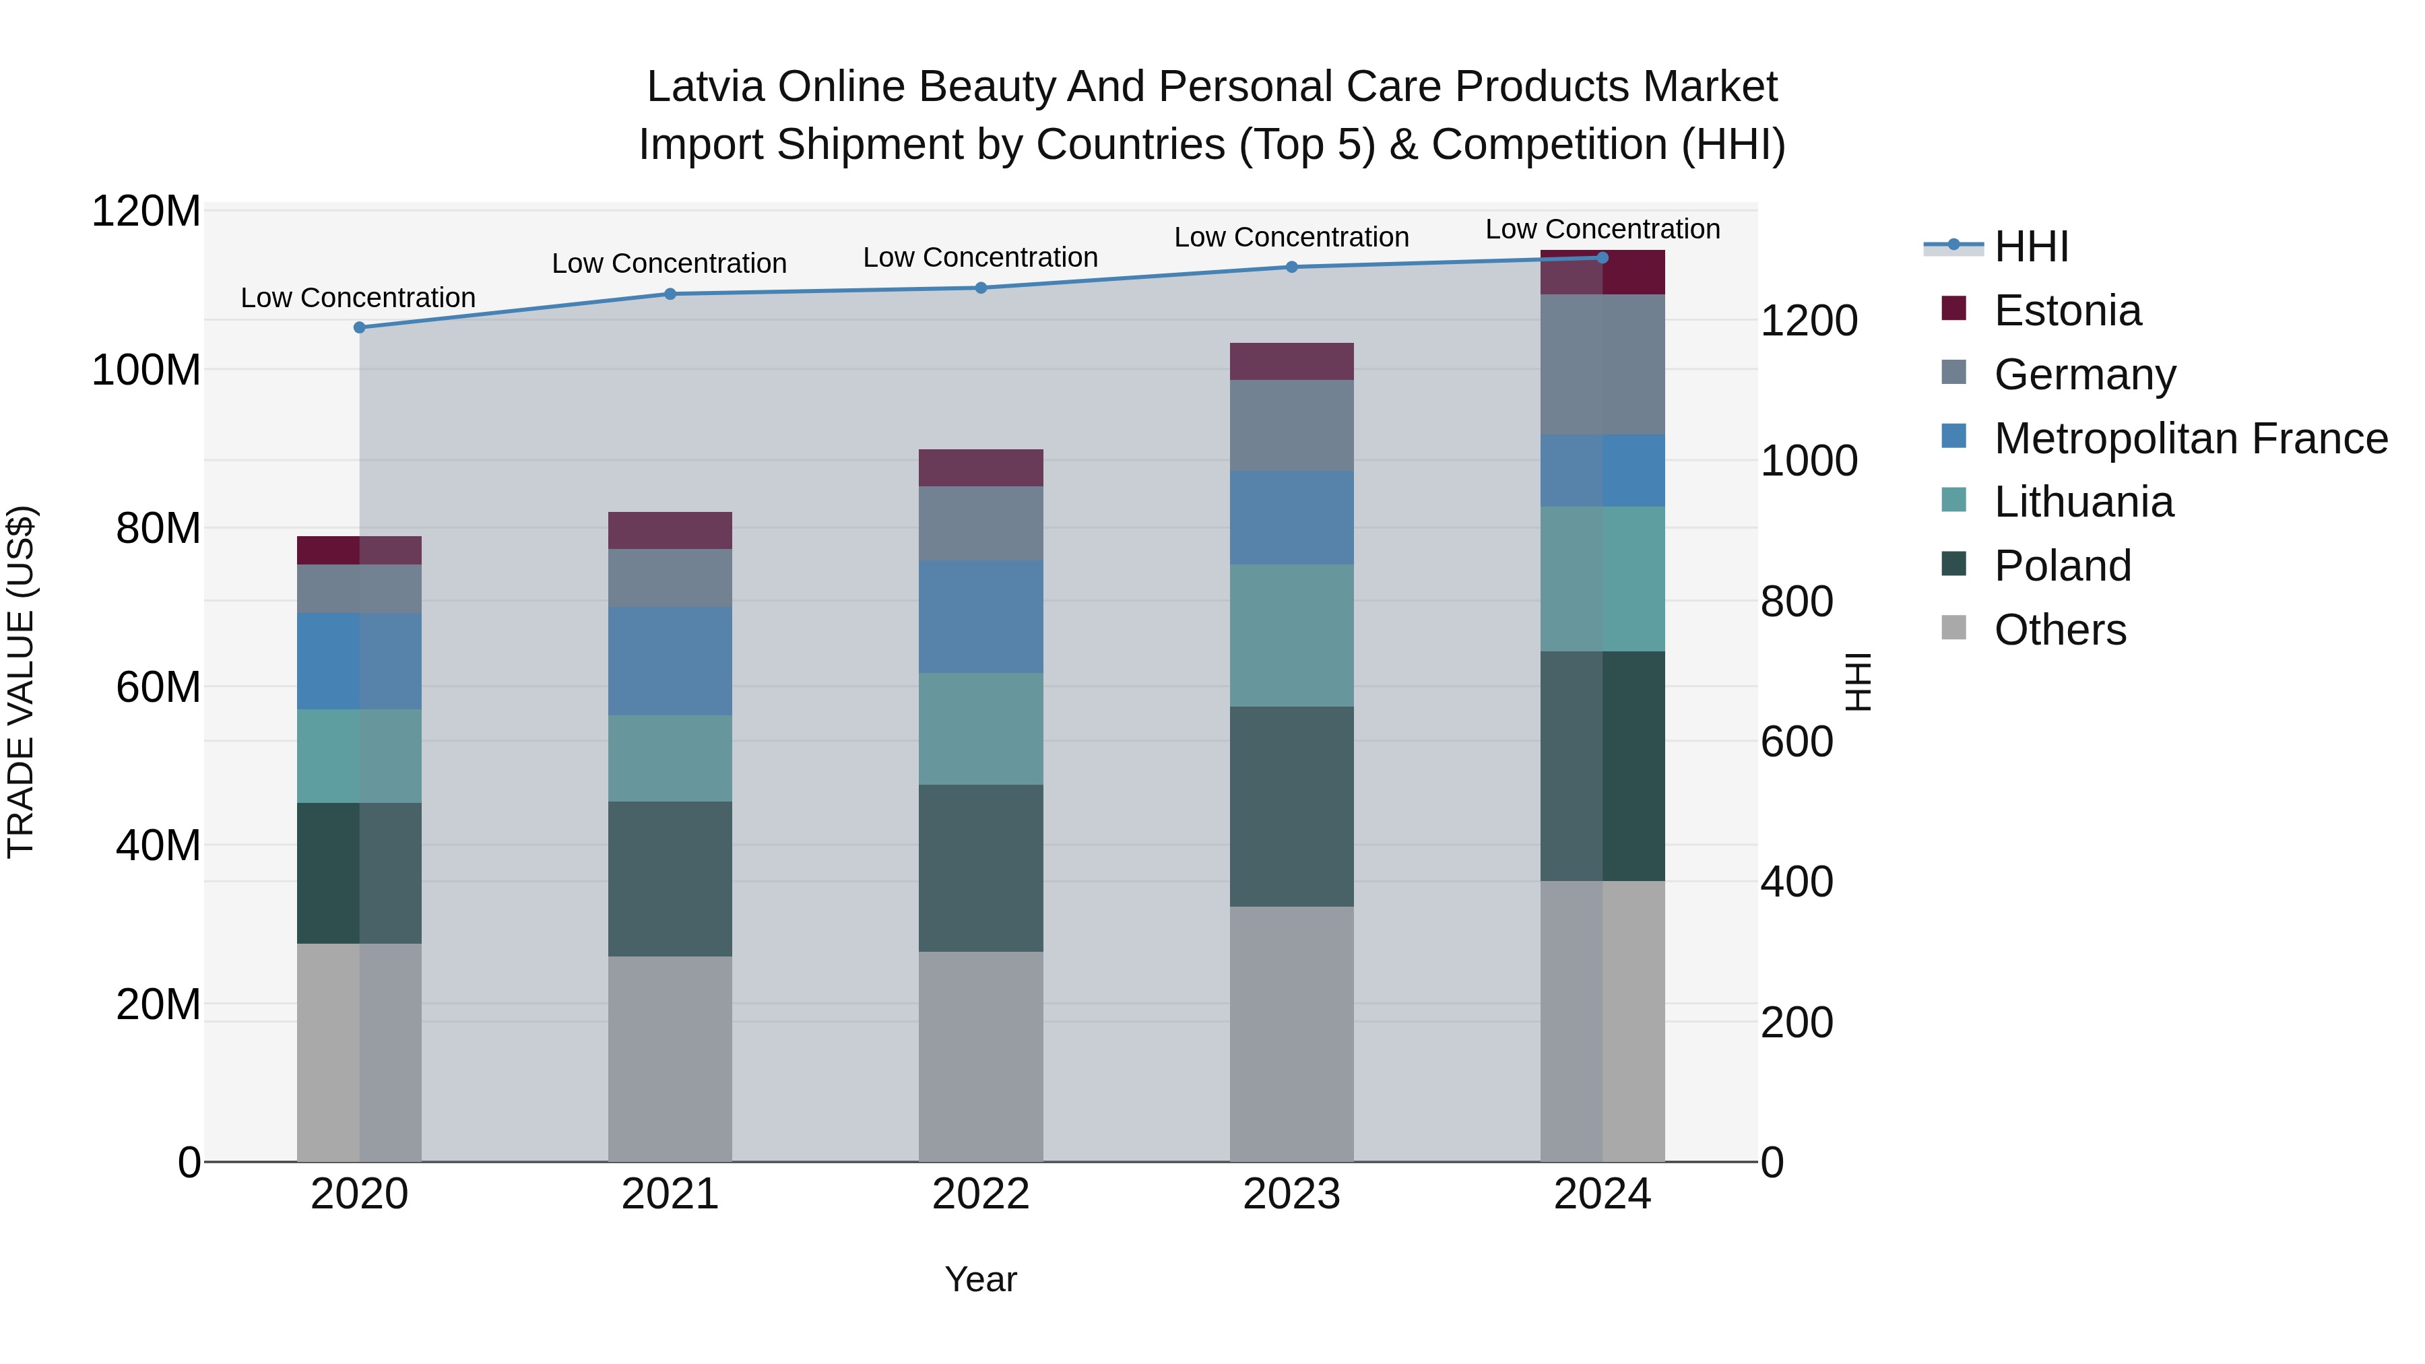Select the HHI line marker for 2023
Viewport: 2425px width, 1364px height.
point(1291,267)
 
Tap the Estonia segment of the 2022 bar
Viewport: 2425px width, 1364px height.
point(981,468)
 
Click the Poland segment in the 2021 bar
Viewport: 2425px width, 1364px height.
point(670,879)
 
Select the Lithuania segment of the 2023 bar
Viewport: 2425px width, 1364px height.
point(1291,635)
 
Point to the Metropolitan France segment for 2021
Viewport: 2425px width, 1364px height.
point(670,661)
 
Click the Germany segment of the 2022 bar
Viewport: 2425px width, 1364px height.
point(981,523)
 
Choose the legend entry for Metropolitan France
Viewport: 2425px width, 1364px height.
point(2191,439)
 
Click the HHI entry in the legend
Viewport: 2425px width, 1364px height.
point(2032,247)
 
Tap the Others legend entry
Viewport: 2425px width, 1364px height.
point(2060,630)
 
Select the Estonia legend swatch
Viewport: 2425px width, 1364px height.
point(1953,308)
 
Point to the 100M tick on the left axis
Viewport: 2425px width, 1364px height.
point(146,370)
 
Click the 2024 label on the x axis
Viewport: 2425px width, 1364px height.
point(1603,1194)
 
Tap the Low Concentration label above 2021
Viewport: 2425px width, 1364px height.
point(670,263)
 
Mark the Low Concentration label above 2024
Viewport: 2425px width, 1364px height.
point(1603,229)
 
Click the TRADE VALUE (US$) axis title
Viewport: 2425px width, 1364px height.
point(21,682)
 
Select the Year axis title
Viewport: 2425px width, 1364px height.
point(981,1279)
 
